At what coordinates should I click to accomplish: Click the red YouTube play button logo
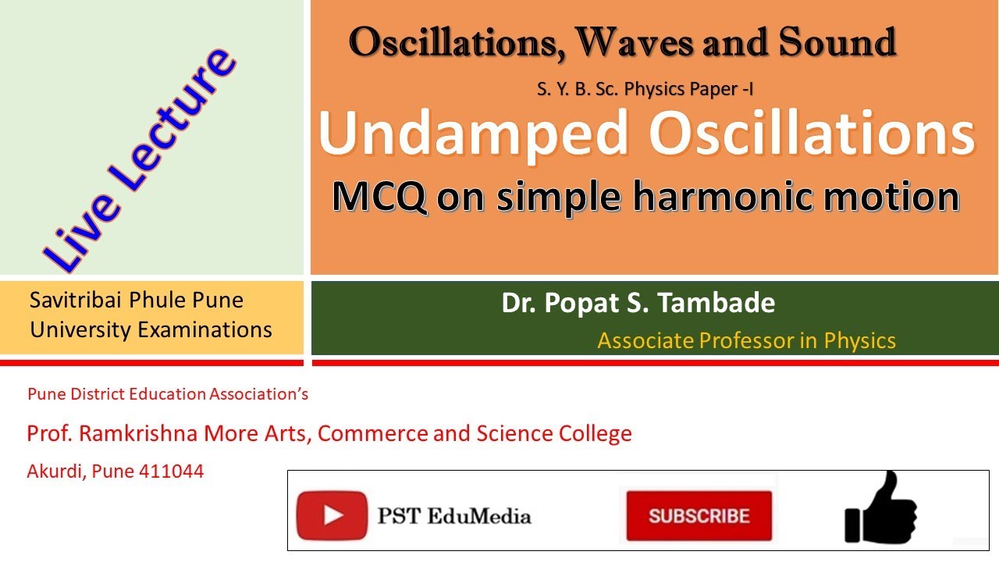pyautogui.click(x=332, y=515)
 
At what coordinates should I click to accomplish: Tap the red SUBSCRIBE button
pyautogui.click(x=699, y=516)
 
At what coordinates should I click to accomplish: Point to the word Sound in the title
pyautogui.click(x=837, y=42)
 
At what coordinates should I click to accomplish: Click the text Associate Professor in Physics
pyautogui.click(x=746, y=340)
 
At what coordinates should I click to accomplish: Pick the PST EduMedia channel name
pyautogui.click(x=454, y=516)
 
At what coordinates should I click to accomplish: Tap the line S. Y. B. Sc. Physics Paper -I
pyautogui.click(x=645, y=89)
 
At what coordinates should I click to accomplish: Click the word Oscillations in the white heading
pyautogui.click(x=812, y=133)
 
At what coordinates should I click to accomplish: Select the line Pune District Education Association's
pyautogui.click(x=168, y=394)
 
